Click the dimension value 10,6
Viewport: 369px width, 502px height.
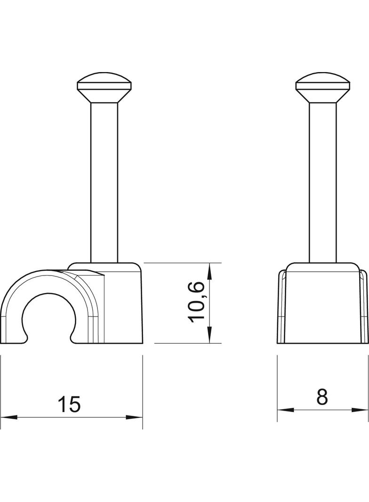tap(196, 302)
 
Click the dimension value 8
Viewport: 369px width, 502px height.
tap(322, 397)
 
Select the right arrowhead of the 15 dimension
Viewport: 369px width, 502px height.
tap(134, 417)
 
